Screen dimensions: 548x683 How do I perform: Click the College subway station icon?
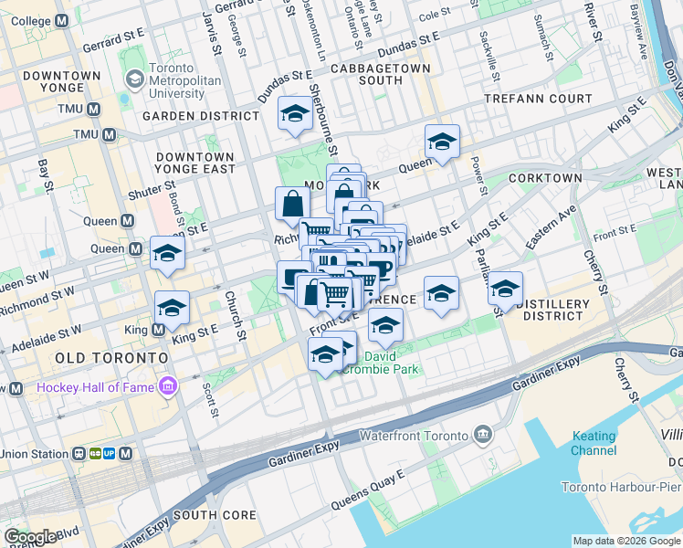[x=62, y=21]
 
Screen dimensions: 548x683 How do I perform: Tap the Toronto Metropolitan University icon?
[x=134, y=79]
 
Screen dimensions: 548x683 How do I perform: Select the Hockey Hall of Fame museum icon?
[x=166, y=388]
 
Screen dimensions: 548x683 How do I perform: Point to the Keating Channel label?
[x=594, y=444]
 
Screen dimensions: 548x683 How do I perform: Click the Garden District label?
[x=200, y=116]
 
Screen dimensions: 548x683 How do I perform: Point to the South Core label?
[x=215, y=515]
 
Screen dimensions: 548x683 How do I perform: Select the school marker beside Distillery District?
[x=505, y=289]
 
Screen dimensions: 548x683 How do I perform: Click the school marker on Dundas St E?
[x=295, y=113]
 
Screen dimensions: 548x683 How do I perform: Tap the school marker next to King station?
[x=171, y=308]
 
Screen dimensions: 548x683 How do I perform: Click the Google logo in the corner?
[x=30, y=537]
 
